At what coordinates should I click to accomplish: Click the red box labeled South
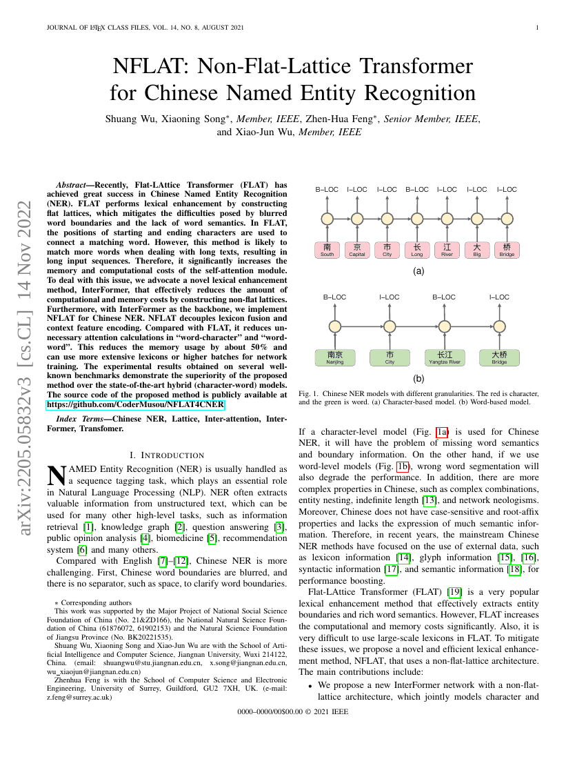point(327,250)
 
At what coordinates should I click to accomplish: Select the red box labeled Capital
point(357,250)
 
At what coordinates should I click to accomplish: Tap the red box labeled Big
point(477,250)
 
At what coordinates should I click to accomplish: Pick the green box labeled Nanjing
point(334,357)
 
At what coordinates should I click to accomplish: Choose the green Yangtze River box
point(445,357)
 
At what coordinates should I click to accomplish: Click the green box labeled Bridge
point(499,357)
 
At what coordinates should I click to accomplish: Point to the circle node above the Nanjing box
point(334,326)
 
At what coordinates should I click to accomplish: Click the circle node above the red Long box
point(417,219)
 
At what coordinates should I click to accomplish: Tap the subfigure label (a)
point(418,271)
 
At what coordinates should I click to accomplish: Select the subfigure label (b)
point(418,379)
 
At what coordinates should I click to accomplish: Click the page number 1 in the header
point(536,28)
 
